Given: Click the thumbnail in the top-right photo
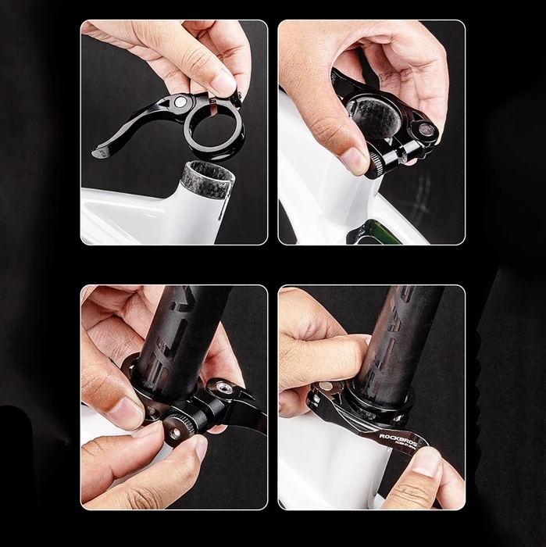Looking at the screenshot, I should pyautogui.click(x=352, y=159).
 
